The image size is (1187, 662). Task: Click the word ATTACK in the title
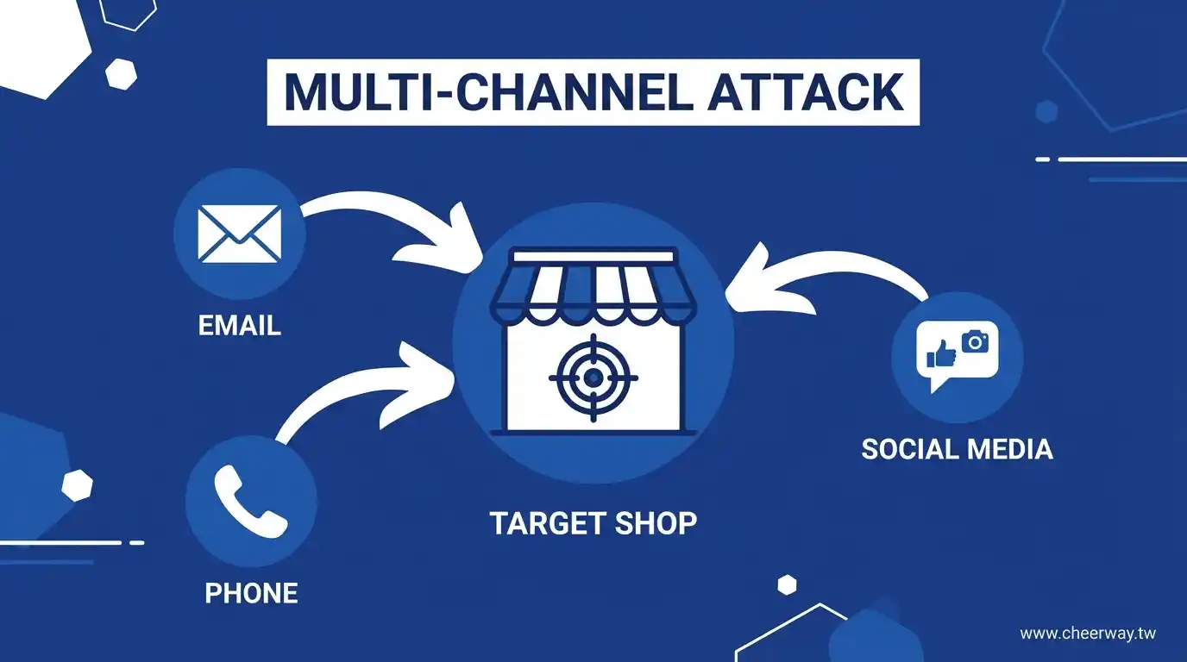coord(806,92)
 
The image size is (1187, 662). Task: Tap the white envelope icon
coord(239,233)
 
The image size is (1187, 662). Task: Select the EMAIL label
coord(239,325)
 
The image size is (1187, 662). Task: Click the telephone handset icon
coord(251,501)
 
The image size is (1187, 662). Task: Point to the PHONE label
coord(251,593)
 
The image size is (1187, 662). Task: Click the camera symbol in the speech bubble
coord(976,341)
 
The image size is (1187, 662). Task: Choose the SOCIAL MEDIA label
coord(957,449)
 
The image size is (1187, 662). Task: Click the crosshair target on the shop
coord(593,378)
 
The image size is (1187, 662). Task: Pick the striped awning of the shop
coord(593,293)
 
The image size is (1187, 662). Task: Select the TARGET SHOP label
coord(593,523)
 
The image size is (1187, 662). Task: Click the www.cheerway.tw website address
coord(1087,634)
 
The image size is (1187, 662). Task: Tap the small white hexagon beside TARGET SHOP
coord(786,585)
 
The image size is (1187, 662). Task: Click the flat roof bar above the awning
coord(593,256)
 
